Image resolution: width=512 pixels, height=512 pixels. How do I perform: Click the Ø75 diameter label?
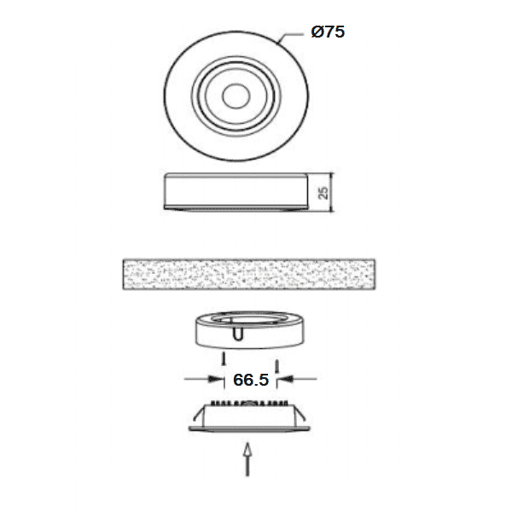[x=328, y=32]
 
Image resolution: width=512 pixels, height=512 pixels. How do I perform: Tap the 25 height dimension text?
[x=323, y=193]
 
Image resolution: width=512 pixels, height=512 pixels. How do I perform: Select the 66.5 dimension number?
[x=251, y=380]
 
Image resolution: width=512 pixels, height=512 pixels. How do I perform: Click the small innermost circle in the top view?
[x=236, y=96]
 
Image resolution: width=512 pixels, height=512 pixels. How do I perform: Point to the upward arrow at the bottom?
[x=247, y=459]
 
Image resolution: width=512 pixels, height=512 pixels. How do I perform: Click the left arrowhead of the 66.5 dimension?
[x=215, y=379]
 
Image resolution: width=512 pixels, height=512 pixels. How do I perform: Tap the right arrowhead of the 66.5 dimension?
[x=286, y=379]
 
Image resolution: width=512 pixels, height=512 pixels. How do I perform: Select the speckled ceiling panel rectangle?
[x=249, y=274]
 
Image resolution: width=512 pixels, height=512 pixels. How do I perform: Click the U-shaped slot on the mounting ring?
[x=237, y=334]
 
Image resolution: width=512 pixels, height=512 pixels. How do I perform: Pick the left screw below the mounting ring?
[x=224, y=358]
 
